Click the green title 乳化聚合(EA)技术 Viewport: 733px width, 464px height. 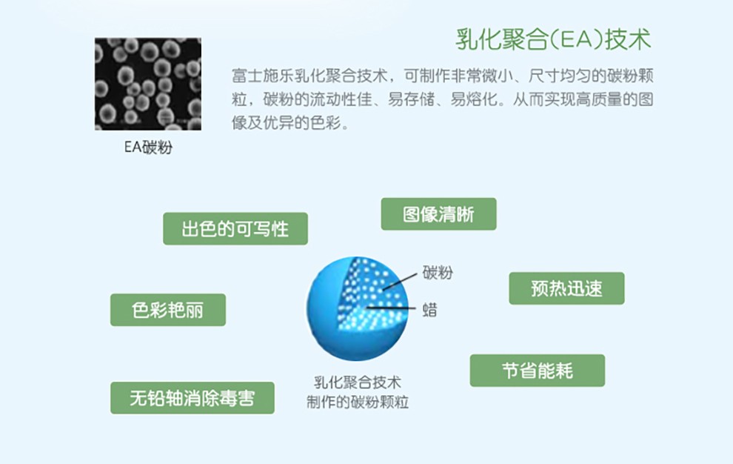click(x=554, y=39)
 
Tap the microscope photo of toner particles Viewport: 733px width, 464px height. click(x=148, y=84)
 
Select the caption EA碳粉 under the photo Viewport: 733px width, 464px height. click(x=148, y=147)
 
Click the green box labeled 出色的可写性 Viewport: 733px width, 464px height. click(x=235, y=228)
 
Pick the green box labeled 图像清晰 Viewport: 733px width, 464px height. click(x=438, y=214)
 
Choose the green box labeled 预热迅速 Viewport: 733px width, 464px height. click(x=566, y=288)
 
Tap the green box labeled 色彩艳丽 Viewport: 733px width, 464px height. click(x=168, y=310)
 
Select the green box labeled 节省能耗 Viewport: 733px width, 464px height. click(x=537, y=371)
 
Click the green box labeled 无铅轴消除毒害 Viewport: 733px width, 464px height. click(x=192, y=398)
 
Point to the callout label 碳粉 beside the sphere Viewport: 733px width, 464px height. click(x=438, y=273)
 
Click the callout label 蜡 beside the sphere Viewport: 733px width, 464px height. click(x=430, y=310)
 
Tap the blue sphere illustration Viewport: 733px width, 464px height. click(x=357, y=308)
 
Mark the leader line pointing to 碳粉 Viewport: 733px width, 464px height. click(x=400, y=282)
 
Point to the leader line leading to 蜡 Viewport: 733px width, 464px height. click(x=391, y=308)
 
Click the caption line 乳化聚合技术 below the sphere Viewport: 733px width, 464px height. click(x=357, y=382)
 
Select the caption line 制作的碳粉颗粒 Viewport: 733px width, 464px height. click(x=358, y=402)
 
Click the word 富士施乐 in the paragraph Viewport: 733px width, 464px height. click(x=263, y=76)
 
